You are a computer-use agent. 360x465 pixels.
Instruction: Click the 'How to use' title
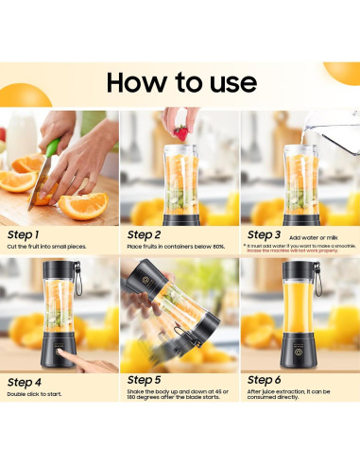(180, 81)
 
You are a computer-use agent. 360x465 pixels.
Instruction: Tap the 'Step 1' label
(24, 233)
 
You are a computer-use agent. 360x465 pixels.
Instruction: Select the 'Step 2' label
(144, 233)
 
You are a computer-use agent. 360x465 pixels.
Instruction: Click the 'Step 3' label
(264, 233)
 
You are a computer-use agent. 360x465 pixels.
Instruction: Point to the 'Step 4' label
(25, 382)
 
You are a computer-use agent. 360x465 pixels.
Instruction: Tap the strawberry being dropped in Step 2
(180, 132)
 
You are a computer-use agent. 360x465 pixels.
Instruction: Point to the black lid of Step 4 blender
(59, 269)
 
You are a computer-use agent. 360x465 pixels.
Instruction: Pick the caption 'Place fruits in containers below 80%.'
(175, 247)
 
